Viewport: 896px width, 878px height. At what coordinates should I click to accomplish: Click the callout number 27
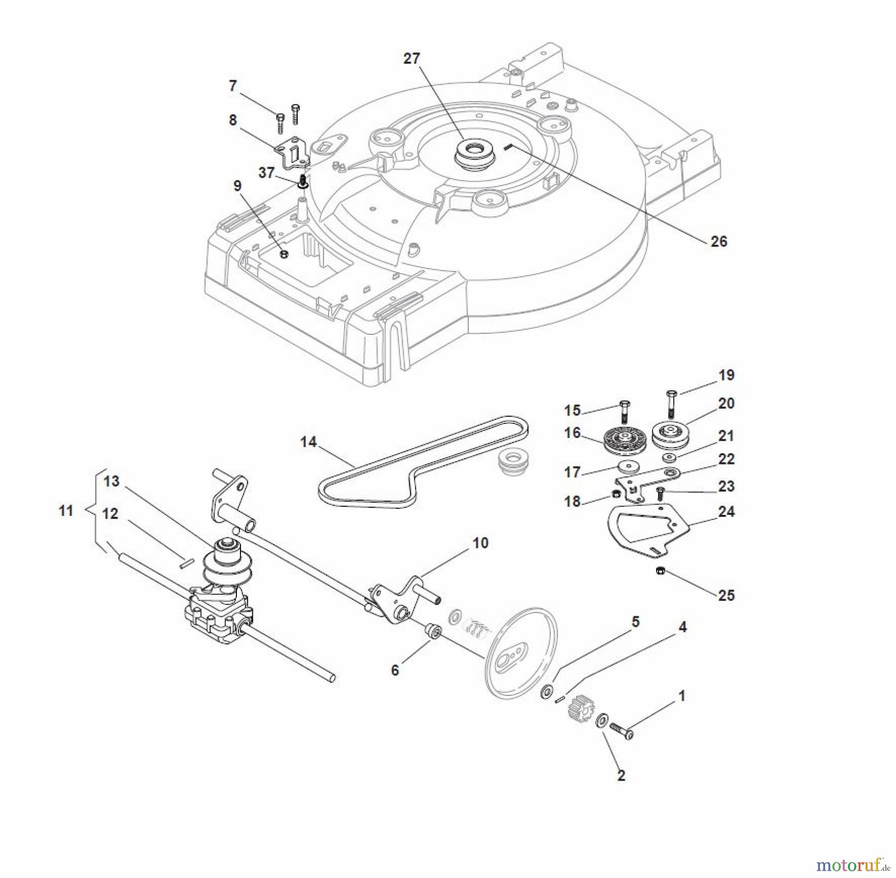click(x=411, y=59)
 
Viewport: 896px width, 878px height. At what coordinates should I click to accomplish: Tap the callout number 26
click(x=718, y=242)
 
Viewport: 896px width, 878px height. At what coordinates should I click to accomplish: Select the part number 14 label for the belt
click(x=308, y=442)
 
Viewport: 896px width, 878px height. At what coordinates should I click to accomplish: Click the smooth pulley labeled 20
click(x=669, y=433)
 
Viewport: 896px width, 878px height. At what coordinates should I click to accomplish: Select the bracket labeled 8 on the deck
click(x=293, y=152)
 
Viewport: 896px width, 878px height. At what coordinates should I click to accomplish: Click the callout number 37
click(x=266, y=173)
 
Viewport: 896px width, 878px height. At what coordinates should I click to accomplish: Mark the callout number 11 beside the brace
click(x=66, y=510)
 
